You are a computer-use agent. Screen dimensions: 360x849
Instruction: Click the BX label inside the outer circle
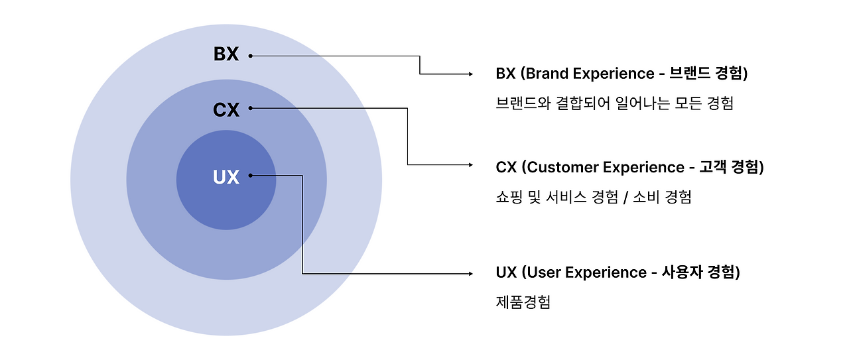[x=226, y=54]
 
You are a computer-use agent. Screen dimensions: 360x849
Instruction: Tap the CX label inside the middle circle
[x=226, y=109]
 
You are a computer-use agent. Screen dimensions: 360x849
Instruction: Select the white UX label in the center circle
[x=226, y=177]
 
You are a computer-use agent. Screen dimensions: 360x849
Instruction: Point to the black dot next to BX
[x=250, y=56]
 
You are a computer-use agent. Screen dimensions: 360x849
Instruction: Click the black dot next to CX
[x=250, y=109]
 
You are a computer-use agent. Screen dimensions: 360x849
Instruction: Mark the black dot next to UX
[x=250, y=176]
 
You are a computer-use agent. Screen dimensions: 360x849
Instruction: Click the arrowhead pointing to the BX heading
[x=470, y=74]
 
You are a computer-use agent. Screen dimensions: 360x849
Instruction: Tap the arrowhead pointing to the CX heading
[x=470, y=164]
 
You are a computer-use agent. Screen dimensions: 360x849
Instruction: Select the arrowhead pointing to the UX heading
[x=470, y=272]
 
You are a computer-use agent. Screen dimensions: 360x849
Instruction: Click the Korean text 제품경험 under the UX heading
[x=523, y=302]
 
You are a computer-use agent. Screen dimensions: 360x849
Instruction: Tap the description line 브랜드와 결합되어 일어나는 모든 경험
[x=614, y=103]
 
